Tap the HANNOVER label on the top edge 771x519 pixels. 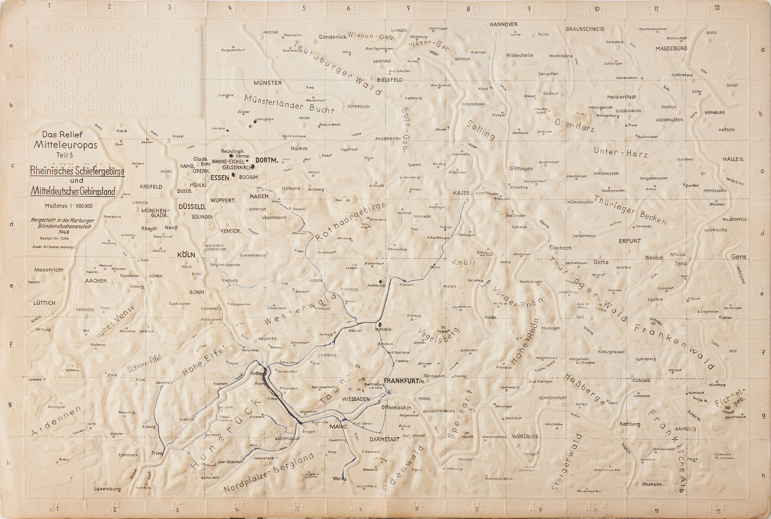coord(503,24)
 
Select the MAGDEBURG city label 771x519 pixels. coord(671,48)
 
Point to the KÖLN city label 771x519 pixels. coord(186,255)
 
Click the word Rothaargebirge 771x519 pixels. coord(350,222)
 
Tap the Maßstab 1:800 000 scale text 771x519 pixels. coord(69,206)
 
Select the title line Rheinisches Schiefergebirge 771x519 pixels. coord(77,171)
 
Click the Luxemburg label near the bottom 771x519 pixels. coord(107,489)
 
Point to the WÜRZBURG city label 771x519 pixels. coord(525,436)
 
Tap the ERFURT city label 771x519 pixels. coord(630,241)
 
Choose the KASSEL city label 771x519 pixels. coord(462,193)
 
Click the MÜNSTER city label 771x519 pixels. coord(268,83)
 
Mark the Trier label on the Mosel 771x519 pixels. coord(157,453)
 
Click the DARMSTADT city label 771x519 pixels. coord(384,440)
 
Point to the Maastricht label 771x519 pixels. coord(49,270)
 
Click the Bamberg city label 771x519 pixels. coord(630,424)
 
